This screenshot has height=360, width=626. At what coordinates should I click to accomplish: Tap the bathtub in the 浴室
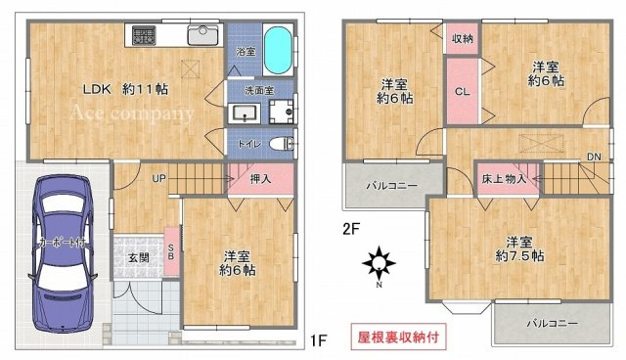tap(276, 51)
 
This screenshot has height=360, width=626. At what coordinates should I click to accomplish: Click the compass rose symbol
tap(378, 262)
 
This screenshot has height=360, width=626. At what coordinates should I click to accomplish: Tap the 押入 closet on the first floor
tap(261, 179)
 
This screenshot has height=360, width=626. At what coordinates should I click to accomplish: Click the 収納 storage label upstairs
tap(463, 39)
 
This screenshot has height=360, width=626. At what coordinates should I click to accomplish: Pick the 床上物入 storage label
tap(505, 179)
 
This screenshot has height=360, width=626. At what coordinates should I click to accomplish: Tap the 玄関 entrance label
tap(137, 256)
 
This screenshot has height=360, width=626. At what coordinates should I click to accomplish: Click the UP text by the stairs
tap(157, 178)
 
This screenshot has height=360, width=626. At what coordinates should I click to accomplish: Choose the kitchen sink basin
tap(203, 35)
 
